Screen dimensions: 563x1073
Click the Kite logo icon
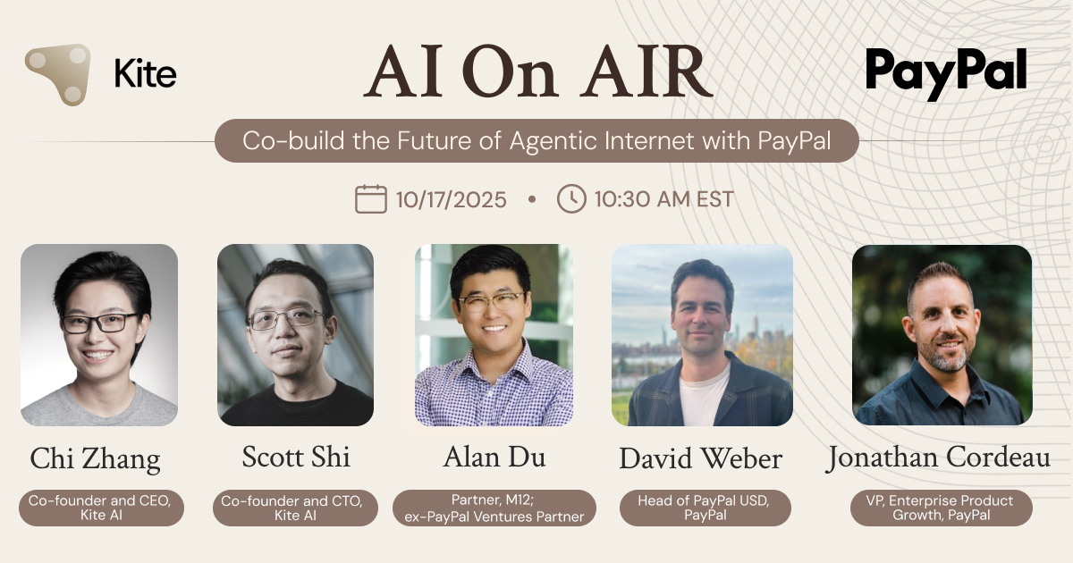click(59, 74)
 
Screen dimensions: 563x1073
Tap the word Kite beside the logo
click(145, 74)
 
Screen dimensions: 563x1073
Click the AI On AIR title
click(538, 71)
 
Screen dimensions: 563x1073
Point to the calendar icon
click(370, 198)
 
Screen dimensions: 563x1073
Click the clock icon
click(571, 198)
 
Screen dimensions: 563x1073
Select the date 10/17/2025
click(451, 199)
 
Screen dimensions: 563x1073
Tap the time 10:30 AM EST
click(663, 199)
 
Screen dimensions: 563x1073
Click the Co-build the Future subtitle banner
click(536, 140)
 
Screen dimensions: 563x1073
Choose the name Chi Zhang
click(95, 459)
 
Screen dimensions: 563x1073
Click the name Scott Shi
click(296, 458)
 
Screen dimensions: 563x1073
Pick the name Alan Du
click(494, 458)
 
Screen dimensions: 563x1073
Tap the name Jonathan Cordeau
click(938, 459)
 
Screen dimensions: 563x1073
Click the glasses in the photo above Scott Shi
click(284, 318)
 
